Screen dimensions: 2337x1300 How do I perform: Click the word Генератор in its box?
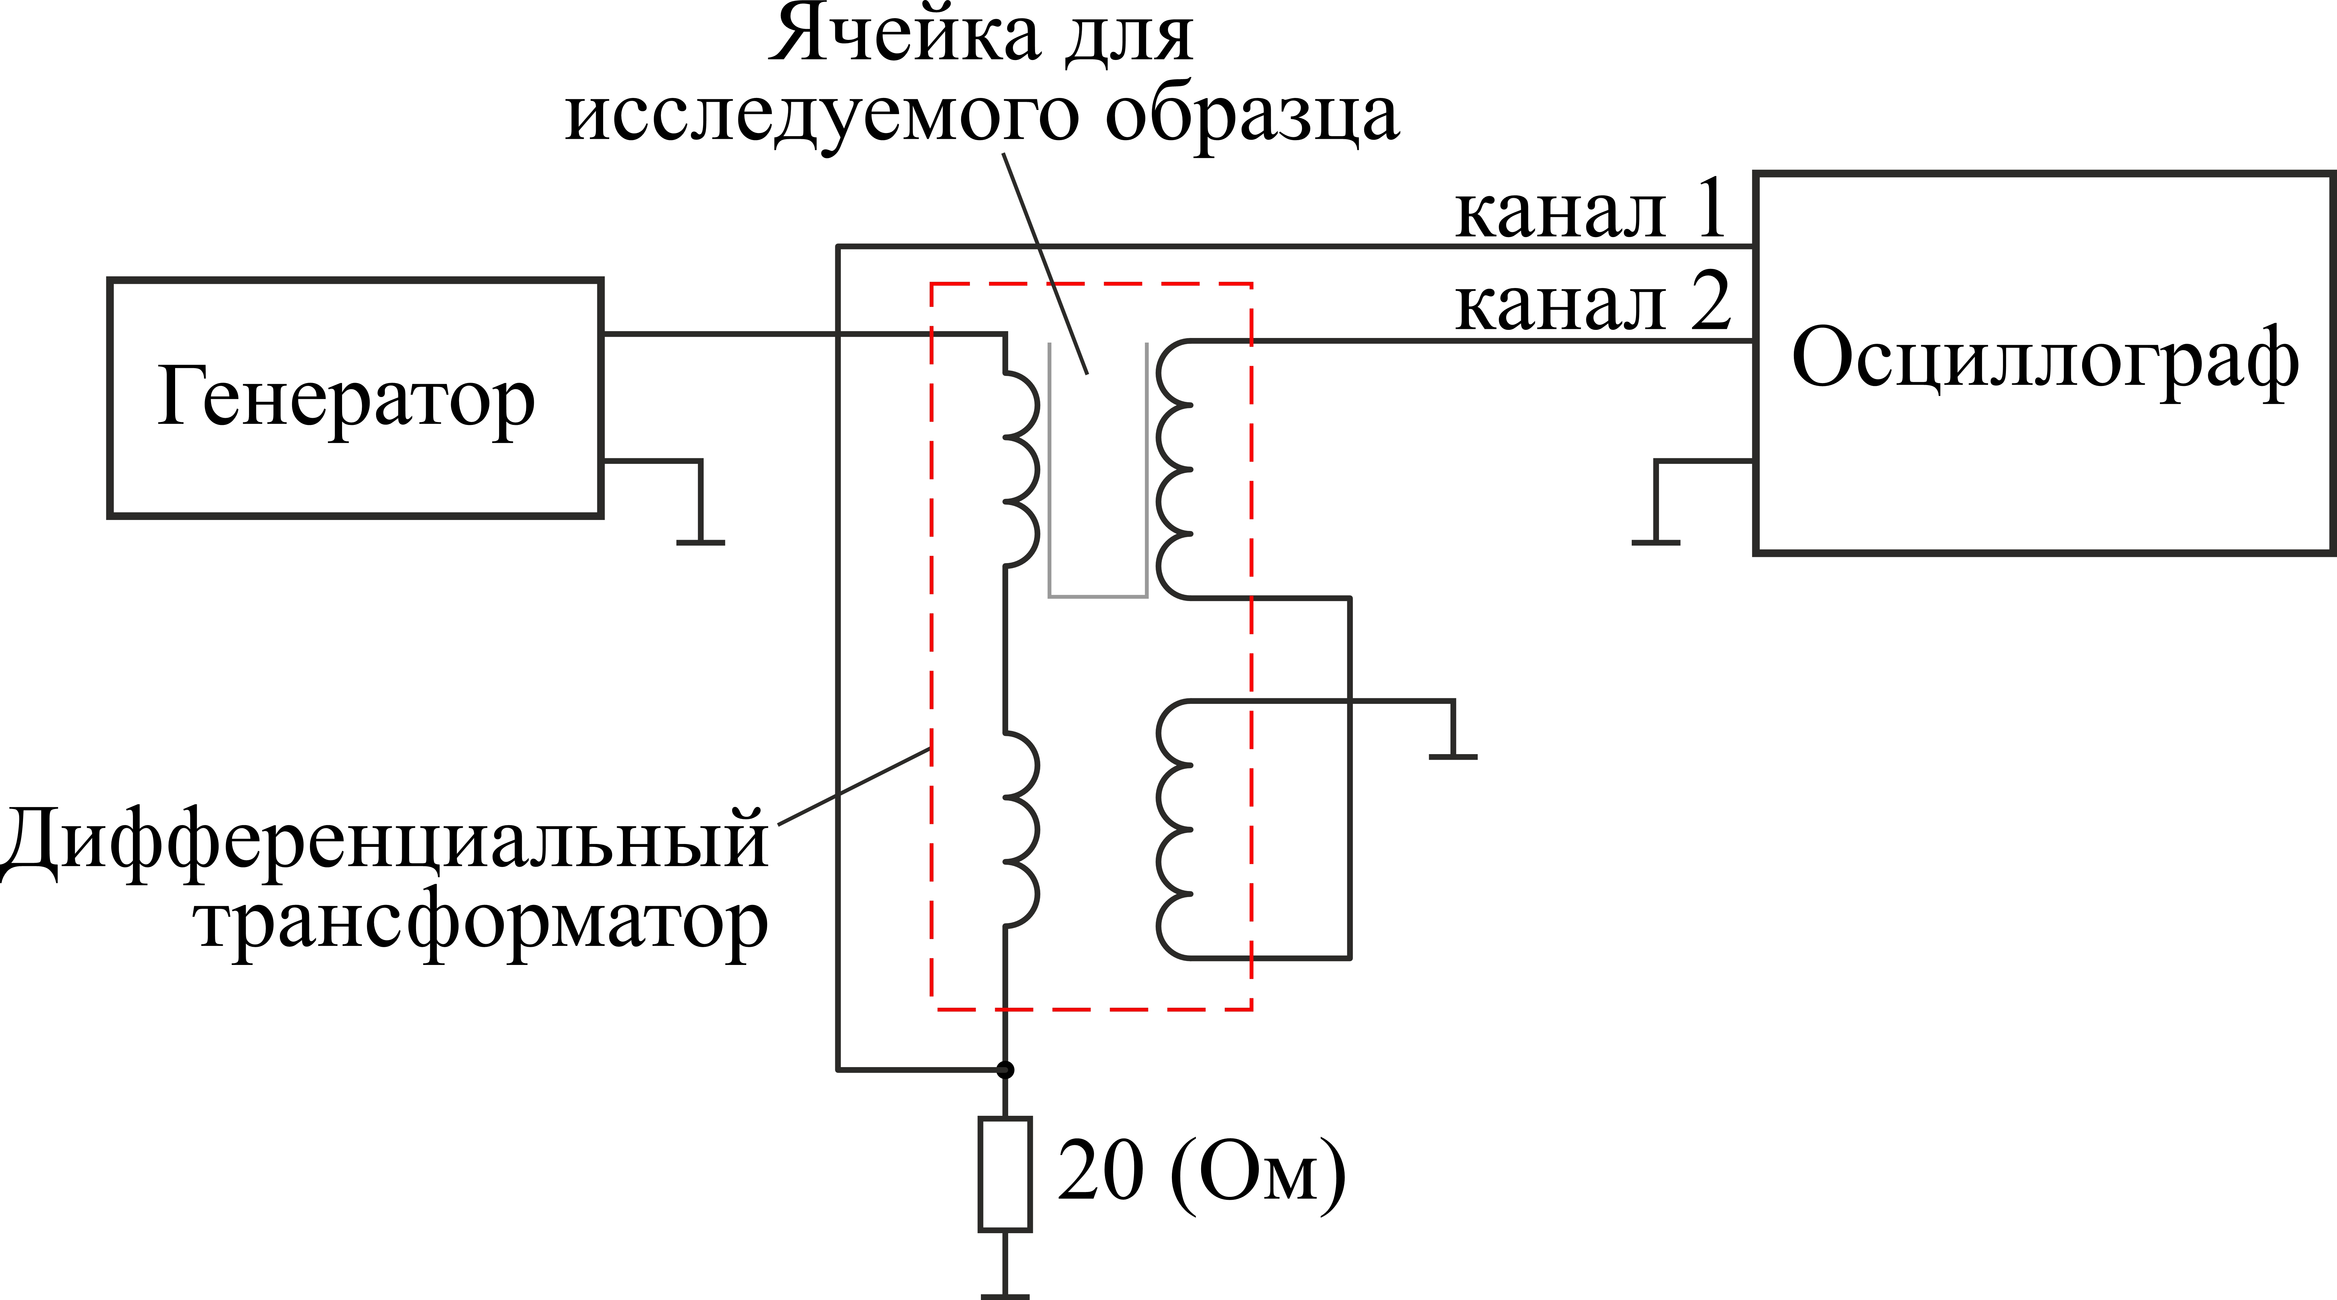pos(347,399)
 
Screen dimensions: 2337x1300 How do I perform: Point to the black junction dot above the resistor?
pos(1005,1070)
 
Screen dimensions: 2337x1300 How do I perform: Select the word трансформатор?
pos(481,925)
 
